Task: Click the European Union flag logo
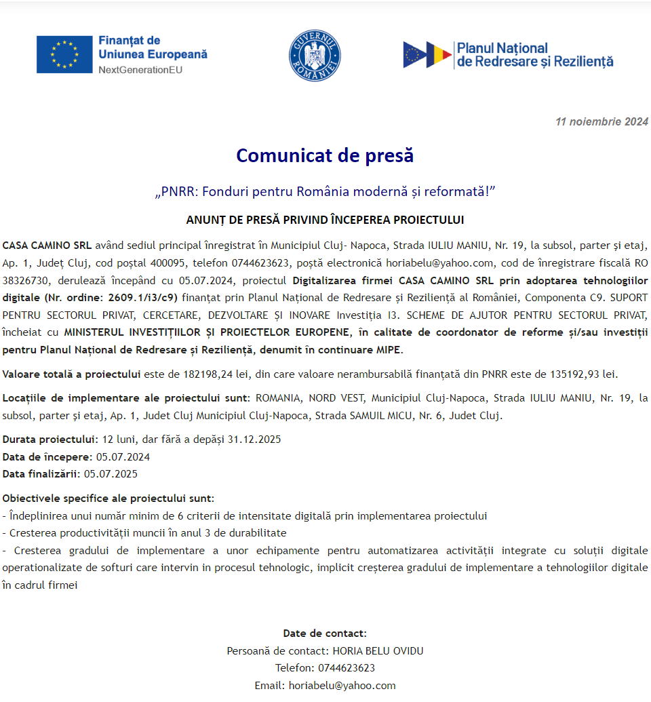[x=64, y=54]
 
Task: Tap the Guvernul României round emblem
[x=315, y=56]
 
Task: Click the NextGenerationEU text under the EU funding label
[x=140, y=70]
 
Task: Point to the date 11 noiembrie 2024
[x=601, y=122]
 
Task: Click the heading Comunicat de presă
[x=325, y=155]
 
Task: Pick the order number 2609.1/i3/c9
[x=144, y=297]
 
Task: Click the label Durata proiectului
[x=50, y=439]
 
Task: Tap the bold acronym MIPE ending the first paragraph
[x=389, y=350]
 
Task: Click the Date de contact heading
[x=325, y=633]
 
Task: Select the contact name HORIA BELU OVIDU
[x=378, y=651]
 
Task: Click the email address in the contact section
[x=342, y=686]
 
